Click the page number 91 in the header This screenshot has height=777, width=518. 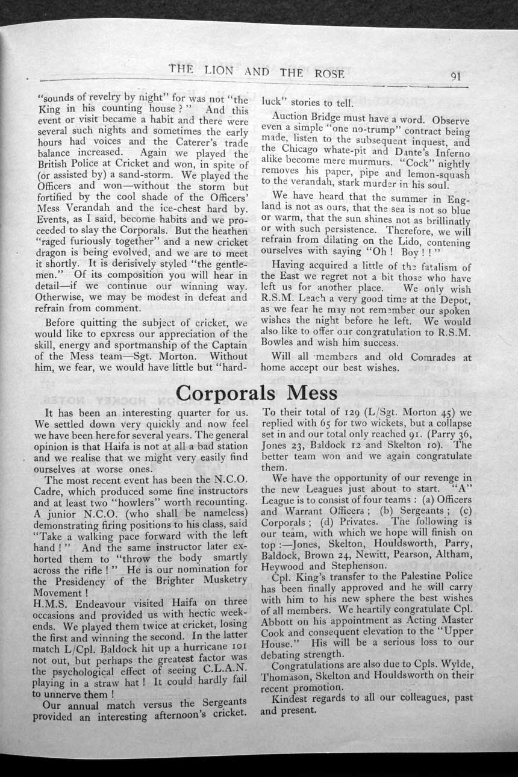pos(455,76)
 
